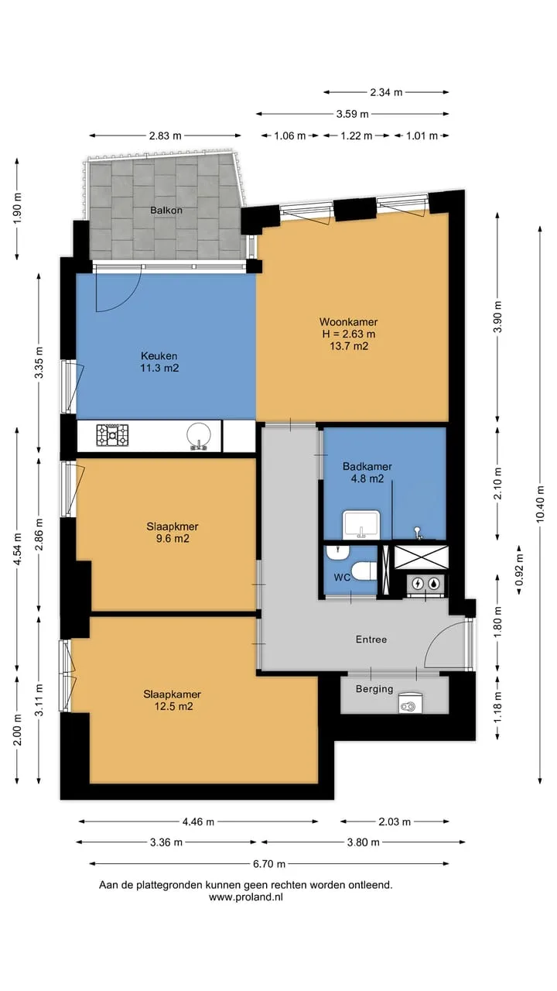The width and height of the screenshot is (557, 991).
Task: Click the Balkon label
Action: pos(166,210)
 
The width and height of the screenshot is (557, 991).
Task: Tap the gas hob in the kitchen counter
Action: pos(112,435)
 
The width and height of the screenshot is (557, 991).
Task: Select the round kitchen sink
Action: pos(199,436)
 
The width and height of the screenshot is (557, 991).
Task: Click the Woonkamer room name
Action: pos(349,322)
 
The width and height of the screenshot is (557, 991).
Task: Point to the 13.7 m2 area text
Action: pos(349,346)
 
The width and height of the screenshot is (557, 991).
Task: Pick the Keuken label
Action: pos(159,355)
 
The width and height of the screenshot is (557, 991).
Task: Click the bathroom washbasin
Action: pos(361,525)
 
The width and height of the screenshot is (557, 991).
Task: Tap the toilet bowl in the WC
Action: pos(364,571)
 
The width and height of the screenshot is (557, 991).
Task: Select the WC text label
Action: pos(342,578)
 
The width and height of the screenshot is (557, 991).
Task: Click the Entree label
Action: pos(371,640)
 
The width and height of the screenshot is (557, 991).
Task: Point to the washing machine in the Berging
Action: pos(410,703)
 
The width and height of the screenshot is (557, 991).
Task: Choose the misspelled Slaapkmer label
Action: pos(173,526)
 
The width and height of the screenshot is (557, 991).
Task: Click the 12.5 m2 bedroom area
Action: pos(173,706)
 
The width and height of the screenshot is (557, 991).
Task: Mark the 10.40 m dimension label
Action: pos(540,504)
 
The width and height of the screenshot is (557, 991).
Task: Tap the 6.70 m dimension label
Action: pos(269,863)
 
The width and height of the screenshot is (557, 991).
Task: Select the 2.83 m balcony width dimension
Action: pos(165,135)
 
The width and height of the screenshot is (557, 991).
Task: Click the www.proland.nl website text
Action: pos(246,897)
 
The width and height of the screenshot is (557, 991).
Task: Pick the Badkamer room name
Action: pos(367,466)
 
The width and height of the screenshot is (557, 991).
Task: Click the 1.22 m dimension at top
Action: pos(357,135)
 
